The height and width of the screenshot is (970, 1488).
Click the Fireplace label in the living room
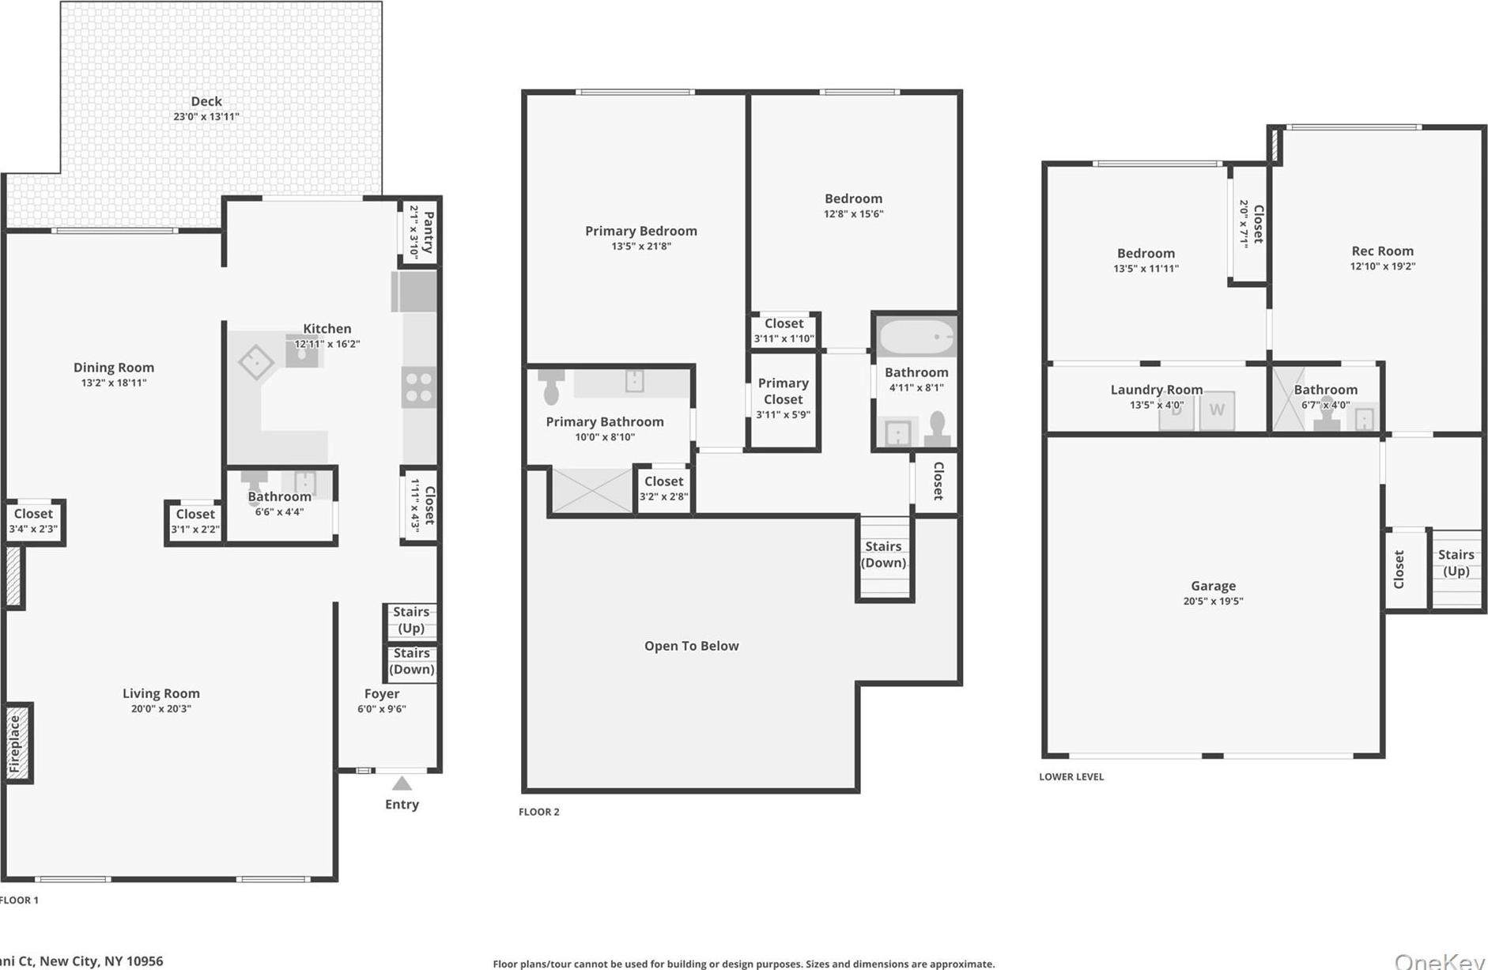[15, 744]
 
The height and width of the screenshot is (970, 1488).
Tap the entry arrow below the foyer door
[402, 783]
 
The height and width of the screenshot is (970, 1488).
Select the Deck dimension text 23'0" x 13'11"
[206, 116]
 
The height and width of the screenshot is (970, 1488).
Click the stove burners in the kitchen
[418, 387]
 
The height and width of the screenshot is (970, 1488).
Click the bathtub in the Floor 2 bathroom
[916, 337]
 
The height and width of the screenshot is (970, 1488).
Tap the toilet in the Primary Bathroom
[551, 386]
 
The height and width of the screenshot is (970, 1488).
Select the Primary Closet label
[783, 391]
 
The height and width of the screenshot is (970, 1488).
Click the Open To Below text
[691, 646]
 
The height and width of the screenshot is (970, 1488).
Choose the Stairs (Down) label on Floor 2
[883, 554]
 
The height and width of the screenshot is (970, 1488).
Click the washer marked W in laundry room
[1216, 410]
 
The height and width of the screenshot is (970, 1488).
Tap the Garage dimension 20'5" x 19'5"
[1213, 601]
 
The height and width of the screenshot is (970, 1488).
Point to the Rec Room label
[1382, 251]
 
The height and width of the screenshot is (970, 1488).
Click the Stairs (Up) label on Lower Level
[1456, 562]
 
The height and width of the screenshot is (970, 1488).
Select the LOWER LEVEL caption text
[1071, 776]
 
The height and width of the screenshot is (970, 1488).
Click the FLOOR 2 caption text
[538, 811]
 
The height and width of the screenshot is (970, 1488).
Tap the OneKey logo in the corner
[1439, 961]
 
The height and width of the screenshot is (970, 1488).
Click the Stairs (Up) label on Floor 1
[411, 619]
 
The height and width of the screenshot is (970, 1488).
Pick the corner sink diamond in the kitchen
[256, 363]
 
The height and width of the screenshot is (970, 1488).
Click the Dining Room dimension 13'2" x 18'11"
[114, 383]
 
